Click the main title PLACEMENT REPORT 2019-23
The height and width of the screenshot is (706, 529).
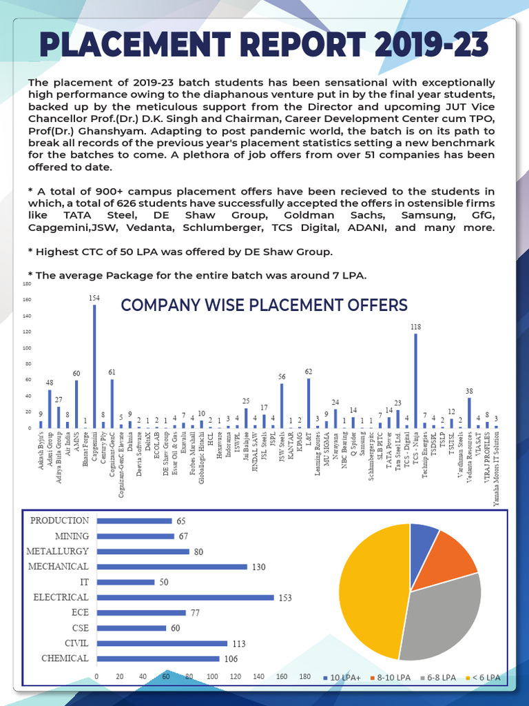coord(264,46)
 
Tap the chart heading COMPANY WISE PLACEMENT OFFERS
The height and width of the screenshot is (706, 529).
coord(264,305)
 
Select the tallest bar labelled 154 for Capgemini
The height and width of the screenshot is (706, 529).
coord(94,365)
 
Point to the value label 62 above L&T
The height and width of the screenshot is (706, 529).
coord(309,372)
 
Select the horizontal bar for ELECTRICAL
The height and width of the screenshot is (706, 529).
coord(185,597)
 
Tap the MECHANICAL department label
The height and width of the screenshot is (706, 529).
coord(59,567)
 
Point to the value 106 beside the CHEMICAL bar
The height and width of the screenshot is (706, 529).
coord(231,658)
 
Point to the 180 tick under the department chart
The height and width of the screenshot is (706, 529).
coord(305,676)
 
